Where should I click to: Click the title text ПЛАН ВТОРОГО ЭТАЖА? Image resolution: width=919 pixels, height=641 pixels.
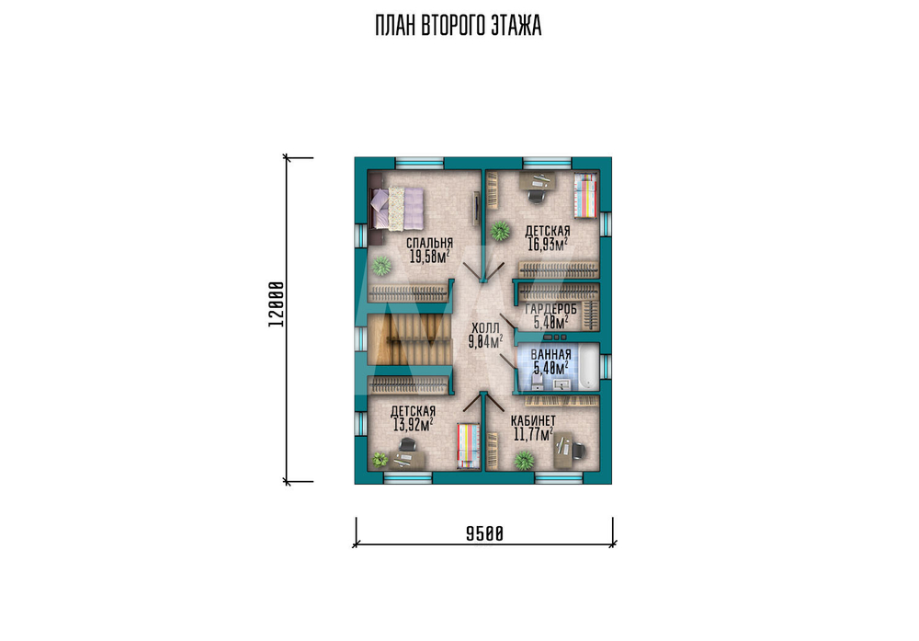[458, 26]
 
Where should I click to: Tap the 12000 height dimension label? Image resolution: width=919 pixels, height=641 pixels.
[276, 304]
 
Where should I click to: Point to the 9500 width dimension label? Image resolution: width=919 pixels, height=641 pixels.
[484, 533]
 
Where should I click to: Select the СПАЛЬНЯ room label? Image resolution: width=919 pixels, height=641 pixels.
[429, 243]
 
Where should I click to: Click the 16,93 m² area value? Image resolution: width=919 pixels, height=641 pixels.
[548, 244]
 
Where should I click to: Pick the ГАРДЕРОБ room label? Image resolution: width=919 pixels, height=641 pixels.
[550, 309]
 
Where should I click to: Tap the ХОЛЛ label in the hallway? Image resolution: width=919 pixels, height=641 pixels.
[485, 328]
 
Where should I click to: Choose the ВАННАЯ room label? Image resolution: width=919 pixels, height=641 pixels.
[550, 355]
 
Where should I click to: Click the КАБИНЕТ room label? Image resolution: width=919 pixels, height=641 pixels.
[533, 420]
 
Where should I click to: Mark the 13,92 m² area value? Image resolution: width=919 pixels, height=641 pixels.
[412, 425]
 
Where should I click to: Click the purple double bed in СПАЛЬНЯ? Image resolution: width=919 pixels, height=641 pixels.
[397, 209]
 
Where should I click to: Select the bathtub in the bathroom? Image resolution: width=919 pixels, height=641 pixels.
[588, 368]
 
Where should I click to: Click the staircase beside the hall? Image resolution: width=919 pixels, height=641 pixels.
[410, 338]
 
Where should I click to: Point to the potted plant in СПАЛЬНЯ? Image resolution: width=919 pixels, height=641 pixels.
[381, 267]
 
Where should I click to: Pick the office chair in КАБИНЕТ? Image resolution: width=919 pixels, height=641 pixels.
[577, 451]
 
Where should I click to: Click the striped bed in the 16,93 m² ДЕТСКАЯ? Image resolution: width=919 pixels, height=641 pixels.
[584, 195]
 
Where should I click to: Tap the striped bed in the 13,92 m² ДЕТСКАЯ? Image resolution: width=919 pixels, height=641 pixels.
[469, 446]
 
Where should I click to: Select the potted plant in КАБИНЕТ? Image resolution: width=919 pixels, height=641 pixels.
[524, 461]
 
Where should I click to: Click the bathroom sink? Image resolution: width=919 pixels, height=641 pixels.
[562, 384]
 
